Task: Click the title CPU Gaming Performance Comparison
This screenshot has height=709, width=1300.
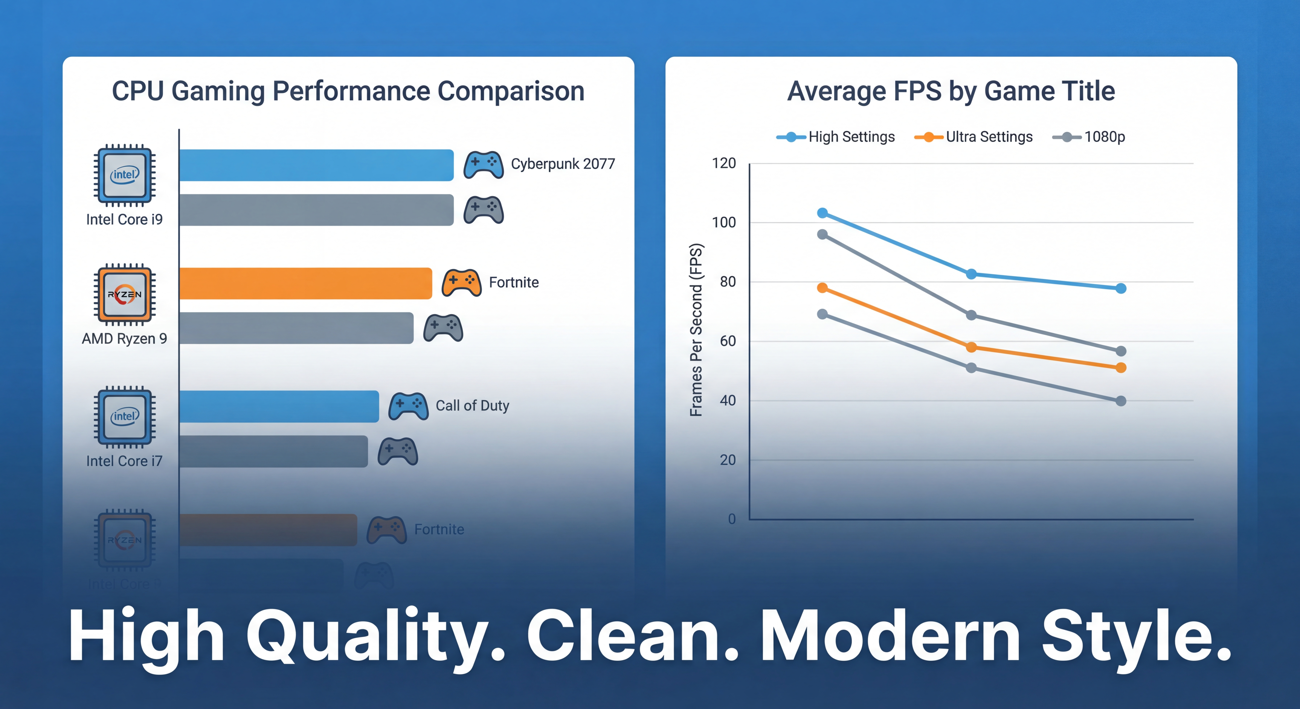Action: click(x=348, y=91)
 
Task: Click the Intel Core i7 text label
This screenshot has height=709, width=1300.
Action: click(x=124, y=461)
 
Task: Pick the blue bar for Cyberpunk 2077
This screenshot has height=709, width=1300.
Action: click(x=316, y=165)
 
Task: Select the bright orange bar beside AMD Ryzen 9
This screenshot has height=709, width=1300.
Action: click(x=305, y=284)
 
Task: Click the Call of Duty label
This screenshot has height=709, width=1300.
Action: click(x=472, y=406)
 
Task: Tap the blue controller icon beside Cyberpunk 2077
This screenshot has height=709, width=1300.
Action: click(x=484, y=165)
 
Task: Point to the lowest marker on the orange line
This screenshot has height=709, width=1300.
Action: click(x=1121, y=368)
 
